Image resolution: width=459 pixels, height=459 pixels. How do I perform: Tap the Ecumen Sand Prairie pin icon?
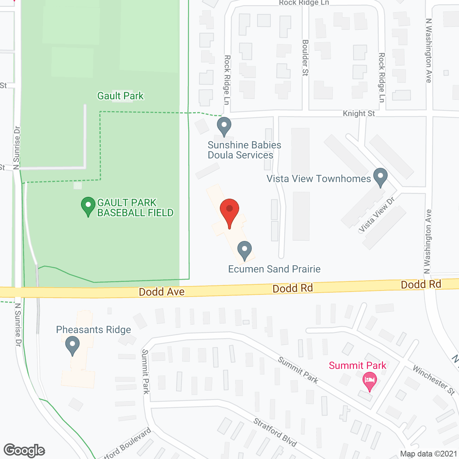tap(245, 250)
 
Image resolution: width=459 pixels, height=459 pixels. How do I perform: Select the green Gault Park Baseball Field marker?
tap(88, 206)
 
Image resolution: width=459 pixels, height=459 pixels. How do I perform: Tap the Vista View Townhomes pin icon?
tap(380, 177)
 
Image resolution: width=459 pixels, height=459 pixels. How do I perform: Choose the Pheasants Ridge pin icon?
tap(72, 346)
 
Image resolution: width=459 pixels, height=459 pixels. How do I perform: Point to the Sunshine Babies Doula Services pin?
tap(224, 126)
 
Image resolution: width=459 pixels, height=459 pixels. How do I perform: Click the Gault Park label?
tap(120, 96)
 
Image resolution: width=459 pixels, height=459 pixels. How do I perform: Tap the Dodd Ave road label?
tap(162, 292)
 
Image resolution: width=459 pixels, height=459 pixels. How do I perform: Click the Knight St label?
tap(359, 114)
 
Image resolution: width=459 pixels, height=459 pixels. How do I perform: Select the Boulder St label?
tap(306, 58)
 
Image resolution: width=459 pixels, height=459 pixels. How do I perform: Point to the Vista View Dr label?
tap(377, 214)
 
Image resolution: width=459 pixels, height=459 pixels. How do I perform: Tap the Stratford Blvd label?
tap(275, 432)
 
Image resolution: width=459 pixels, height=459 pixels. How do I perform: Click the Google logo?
tap(24, 450)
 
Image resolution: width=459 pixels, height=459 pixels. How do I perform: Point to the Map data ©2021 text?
tap(429, 454)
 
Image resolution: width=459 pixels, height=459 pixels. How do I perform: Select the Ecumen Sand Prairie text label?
tap(274, 269)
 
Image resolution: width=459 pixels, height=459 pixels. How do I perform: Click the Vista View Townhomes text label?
tap(318, 179)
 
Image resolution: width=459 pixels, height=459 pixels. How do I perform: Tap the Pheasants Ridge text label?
tap(94, 330)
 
